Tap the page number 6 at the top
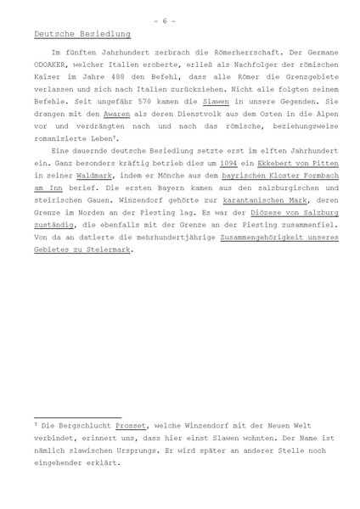pyautogui.click(x=180, y=11)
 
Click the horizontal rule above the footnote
pyautogui.click(x=84, y=408)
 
